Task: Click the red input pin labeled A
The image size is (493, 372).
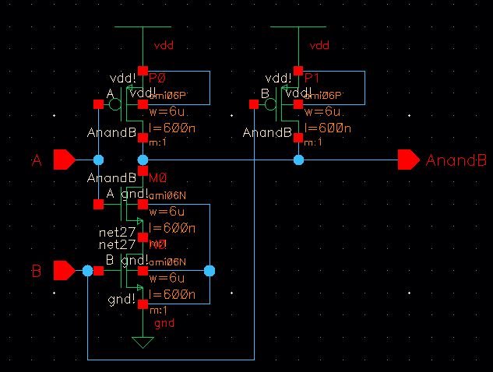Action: [64, 160]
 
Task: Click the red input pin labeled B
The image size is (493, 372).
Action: [64, 271]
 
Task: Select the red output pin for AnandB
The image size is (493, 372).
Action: [408, 160]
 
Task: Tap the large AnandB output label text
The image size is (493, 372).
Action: [456, 160]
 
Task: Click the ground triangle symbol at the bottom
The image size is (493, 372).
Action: [142, 341]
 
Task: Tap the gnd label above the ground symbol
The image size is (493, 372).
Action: [164, 322]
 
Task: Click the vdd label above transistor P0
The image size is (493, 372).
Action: [164, 46]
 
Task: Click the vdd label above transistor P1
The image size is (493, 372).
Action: [319, 46]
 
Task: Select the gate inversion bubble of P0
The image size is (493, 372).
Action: [115, 104]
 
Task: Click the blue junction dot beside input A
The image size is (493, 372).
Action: [98, 160]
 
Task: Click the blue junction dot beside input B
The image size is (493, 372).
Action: [87, 271]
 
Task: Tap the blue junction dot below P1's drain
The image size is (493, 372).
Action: [298, 160]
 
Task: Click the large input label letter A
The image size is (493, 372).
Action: [36, 160]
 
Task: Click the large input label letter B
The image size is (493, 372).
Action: [36, 272]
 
